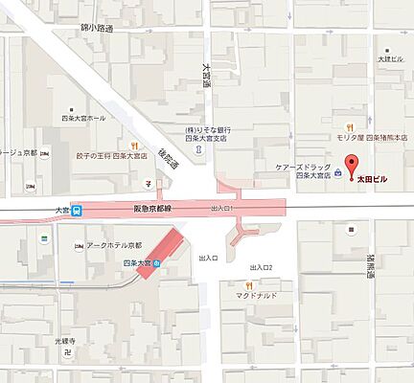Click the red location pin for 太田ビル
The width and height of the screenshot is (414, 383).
(x=350, y=165)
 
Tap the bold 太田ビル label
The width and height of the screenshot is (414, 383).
(x=374, y=178)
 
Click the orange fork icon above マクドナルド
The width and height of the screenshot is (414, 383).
(x=247, y=284)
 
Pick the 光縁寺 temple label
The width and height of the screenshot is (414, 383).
(x=65, y=338)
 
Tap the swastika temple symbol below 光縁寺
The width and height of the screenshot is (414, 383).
(x=65, y=350)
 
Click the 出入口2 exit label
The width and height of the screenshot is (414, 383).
(x=260, y=266)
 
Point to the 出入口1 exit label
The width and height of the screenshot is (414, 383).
(x=220, y=207)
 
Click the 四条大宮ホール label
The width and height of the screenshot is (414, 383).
(x=85, y=118)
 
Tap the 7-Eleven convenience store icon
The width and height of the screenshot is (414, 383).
(x=149, y=179)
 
